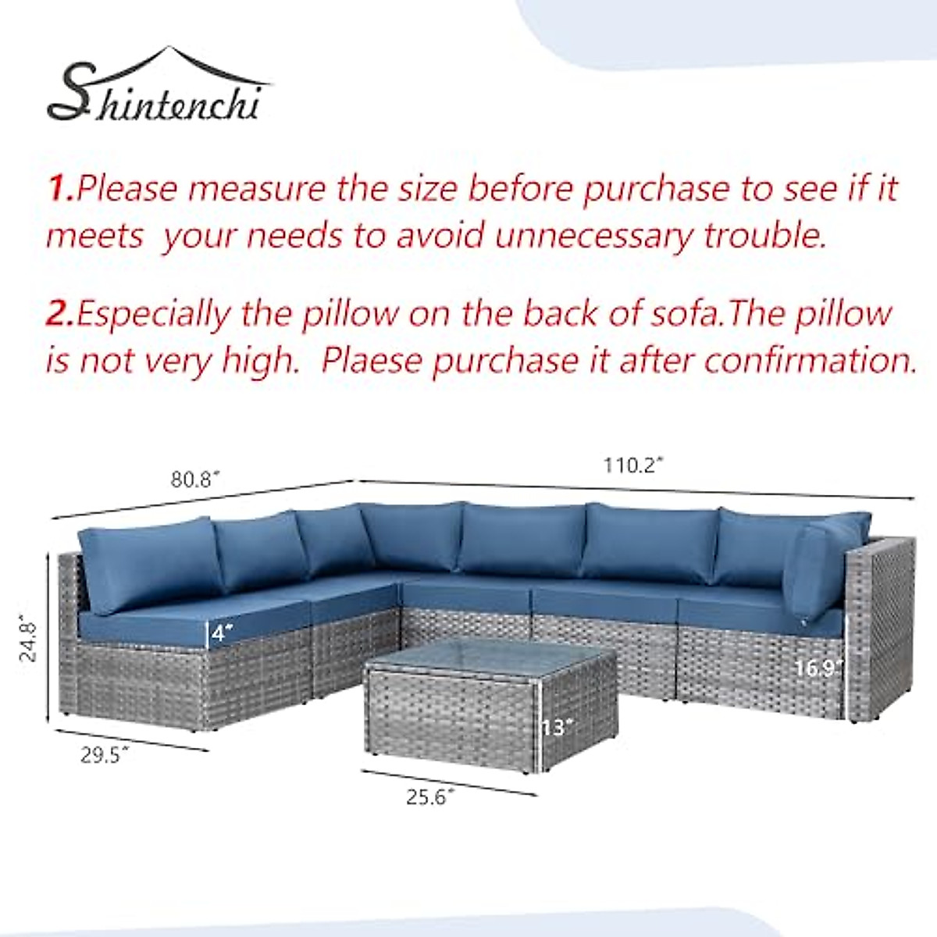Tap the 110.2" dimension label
click(x=632, y=466)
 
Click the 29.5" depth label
click(x=105, y=755)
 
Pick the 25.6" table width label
click(x=429, y=797)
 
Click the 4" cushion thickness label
click(x=221, y=632)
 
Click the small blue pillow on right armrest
click(x=820, y=570)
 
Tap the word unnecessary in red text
click(x=593, y=236)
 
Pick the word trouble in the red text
click(x=765, y=236)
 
